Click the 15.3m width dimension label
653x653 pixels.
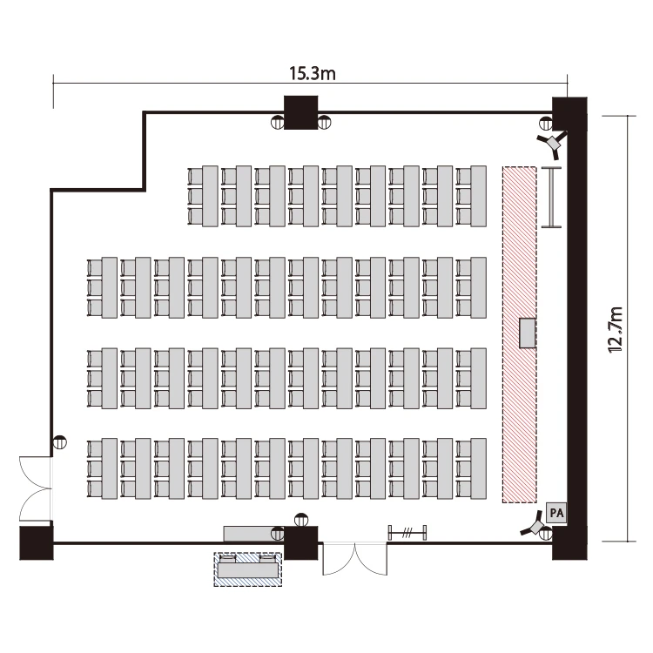pos(313,73)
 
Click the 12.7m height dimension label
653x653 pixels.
pos(616,330)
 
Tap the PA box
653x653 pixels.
pos(556,513)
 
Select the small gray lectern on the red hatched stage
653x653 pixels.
pos(528,333)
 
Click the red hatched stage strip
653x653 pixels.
pos(519,334)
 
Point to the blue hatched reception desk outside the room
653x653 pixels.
pos(248,569)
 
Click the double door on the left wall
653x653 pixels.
pos(35,488)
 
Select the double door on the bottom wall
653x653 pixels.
pos(355,558)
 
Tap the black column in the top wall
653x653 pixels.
pos(300,112)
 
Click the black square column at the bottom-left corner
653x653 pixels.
pos(37,543)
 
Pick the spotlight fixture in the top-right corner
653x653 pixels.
pos(553,144)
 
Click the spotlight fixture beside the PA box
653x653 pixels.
pos(534,527)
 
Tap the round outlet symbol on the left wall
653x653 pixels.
pos(60,441)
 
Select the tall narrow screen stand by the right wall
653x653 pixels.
pos(551,197)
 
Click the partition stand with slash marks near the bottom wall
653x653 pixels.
pos(407,533)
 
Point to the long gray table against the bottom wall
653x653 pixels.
pos(253,534)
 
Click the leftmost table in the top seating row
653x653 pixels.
pos(210,196)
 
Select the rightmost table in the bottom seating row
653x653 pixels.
pos(479,468)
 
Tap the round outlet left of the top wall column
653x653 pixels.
pos(277,123)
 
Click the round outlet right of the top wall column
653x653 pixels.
pos(324,123)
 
